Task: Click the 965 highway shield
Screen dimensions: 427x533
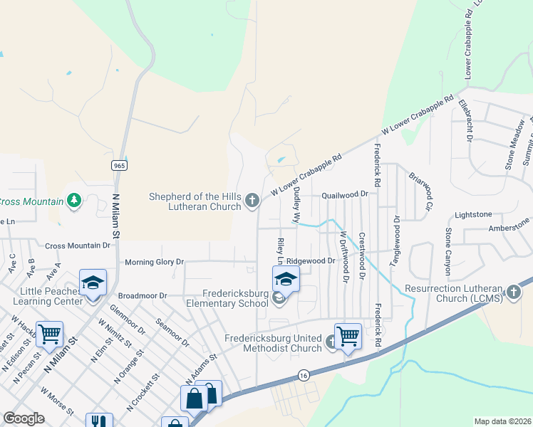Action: (119, 165)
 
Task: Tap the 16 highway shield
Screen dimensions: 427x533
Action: (304, 375)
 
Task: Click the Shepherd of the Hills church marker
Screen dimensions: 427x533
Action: (252, 201)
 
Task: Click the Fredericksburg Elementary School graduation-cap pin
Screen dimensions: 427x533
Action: (286, 279)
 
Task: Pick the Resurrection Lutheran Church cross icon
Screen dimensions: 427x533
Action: (513, 292)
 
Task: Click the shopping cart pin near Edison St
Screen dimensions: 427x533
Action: (49, 334)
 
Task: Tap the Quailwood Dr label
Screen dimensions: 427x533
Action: (344, 194)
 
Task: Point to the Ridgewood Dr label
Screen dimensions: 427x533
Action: (311, 261)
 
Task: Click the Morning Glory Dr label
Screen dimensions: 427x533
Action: (154, 263)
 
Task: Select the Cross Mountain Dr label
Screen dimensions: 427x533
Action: (78, 246)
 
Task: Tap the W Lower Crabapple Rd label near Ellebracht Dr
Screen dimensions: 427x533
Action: (418, 116)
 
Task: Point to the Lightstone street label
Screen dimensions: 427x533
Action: (473, 214)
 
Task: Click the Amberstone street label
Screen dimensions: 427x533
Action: (509, 228)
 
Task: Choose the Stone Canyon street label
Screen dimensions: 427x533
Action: (448, 252)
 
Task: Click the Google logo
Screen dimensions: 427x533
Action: (24, 418)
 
